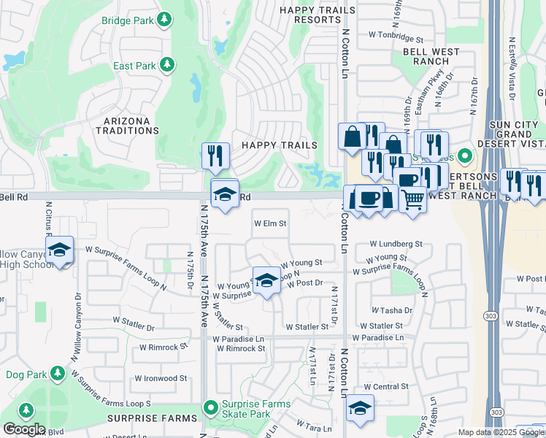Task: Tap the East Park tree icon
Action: click(167, 66)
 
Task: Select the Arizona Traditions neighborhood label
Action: click(127, 126)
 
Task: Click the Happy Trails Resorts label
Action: click(318, 15)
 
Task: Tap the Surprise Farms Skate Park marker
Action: click(211, 407)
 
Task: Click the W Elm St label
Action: click(270, 224)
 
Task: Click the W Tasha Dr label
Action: click(391, 310)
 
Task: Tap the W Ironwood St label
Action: click(161, 378)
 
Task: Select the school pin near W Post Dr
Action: click(266, 280)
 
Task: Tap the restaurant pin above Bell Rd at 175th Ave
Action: click(215, 155)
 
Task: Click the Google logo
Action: click(23, 429)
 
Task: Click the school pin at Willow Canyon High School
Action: click(59, 250)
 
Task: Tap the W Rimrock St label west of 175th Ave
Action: click(164, 347)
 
